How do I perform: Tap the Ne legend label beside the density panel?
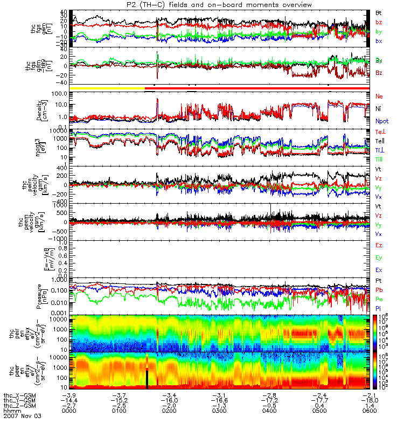point(379,96)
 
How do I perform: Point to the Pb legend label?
point(379,290)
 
